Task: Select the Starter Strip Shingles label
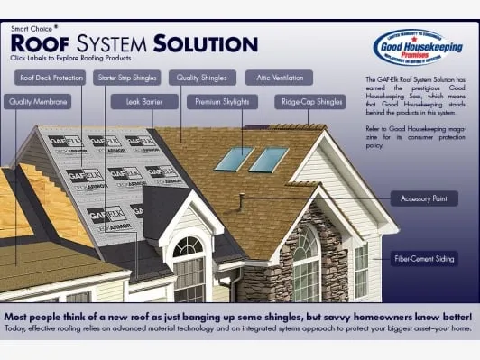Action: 128,78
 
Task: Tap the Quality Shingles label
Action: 202,78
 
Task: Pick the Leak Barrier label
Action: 144,102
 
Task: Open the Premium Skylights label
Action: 222,102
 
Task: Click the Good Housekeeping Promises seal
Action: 409,46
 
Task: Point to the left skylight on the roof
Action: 234,159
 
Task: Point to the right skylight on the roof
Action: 269,160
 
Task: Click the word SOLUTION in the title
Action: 206,42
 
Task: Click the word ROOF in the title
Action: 42,42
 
